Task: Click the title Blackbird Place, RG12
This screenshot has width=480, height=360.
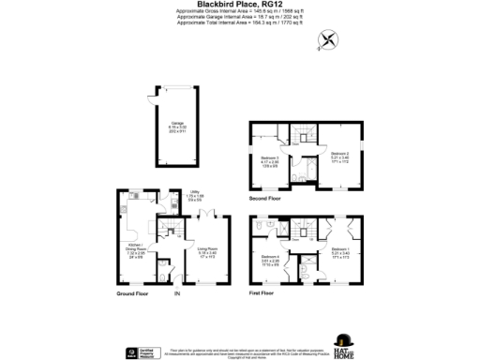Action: click(240, 6)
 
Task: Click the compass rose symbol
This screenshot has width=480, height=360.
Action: click(328, 38)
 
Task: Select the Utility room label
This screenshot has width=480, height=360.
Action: click(195, 194)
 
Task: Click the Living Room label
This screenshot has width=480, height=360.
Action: click(208, 252)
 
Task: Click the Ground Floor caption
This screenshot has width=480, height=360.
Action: click(134, 293)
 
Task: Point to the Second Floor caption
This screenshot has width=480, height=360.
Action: click(267, 199)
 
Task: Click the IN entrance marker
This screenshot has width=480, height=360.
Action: click(177, 294)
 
